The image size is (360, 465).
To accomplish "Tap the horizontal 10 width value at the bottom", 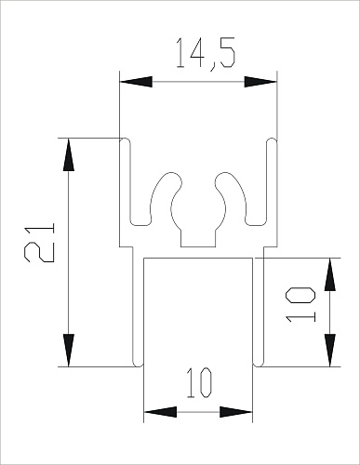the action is pos(198,383).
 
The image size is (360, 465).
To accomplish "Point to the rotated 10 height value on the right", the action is pos(300,304).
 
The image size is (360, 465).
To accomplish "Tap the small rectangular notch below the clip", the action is pos(198,238).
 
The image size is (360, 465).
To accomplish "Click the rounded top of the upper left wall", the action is pos(127,140).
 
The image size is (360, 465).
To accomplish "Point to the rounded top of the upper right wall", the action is pos(271,140).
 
